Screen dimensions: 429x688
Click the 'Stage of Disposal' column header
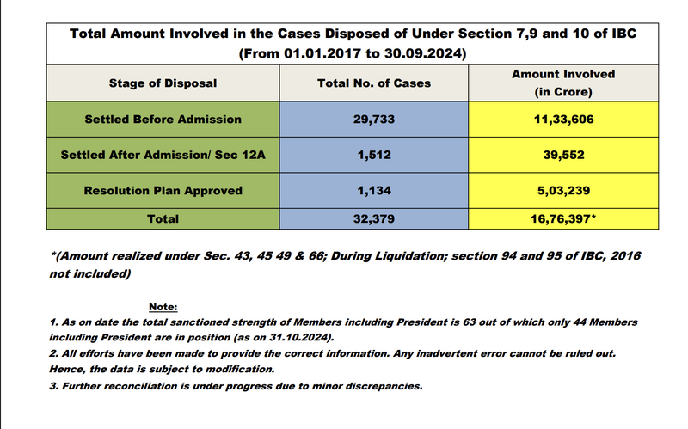tap(163, 83)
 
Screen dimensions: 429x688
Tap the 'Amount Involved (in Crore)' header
tap(563, 83)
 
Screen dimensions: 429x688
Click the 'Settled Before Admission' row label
tap(163, 119)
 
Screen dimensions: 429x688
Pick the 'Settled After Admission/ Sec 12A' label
tap(163, 155)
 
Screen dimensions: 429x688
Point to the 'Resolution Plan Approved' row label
tap(163, 190)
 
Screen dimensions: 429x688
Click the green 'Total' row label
tap(163, 218)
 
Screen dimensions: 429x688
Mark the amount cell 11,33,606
tap(563, 119)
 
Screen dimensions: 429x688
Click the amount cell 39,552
tap(563, 155)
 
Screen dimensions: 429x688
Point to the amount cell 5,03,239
tap(563, 190)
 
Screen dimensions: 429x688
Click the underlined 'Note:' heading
tap(163, 306)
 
